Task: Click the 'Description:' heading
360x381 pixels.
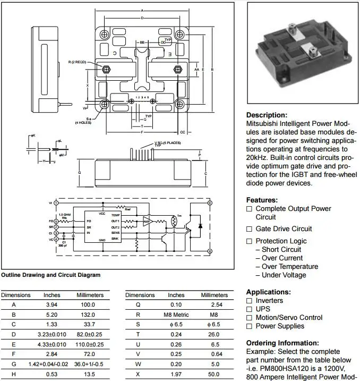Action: coord(267,115)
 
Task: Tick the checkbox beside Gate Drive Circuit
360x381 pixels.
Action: coord(249,229)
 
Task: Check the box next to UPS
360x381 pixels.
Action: coord(249,309)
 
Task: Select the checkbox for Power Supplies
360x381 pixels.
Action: coord(249,326)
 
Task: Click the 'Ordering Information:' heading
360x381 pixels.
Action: coord(282,343)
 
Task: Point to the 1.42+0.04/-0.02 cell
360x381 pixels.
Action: coord(52,365)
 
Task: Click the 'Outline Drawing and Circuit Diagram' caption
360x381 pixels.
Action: coord(50,275)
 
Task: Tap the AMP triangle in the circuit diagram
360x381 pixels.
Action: coord(147,221)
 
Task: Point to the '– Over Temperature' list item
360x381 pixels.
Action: coord(289,266)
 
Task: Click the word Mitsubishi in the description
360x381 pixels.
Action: coord(264,123)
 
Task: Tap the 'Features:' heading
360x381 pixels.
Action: coord(262,200)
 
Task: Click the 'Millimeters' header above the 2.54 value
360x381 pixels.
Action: coord(214,295)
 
